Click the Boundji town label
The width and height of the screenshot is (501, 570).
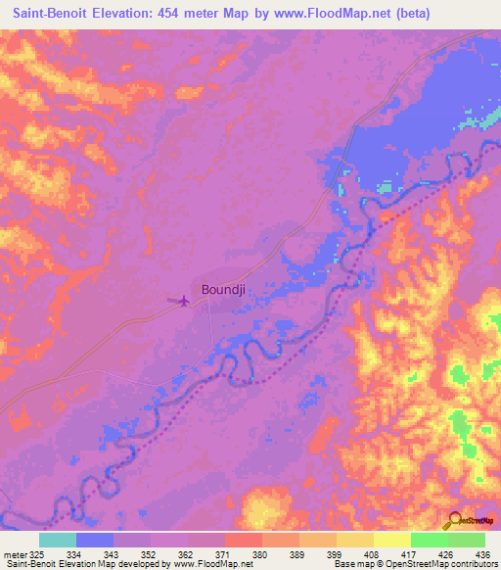[224, 289]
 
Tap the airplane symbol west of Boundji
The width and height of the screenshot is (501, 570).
[181, 300]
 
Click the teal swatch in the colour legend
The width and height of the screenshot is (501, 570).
[58, 540]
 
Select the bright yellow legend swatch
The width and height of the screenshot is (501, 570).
[391, 540]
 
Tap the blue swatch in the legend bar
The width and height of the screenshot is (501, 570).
[95, 540]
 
